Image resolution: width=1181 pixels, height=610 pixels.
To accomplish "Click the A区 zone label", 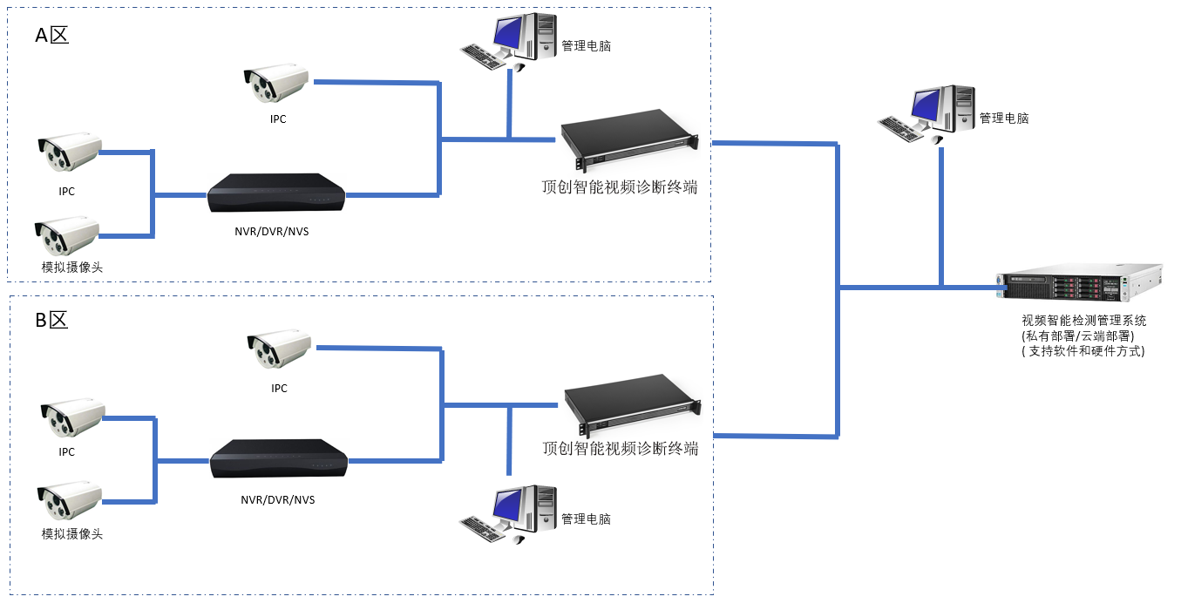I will click(51, 36).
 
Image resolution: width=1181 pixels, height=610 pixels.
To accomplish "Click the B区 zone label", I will click(51, 320).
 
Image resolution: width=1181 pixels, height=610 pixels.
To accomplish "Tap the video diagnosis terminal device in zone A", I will click(629, 140).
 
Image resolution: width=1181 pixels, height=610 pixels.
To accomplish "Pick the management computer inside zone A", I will click(509, 42).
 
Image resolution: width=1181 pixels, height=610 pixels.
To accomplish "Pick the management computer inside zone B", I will click(509, 514).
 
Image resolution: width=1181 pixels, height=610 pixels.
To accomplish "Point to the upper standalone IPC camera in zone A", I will click(275, 84).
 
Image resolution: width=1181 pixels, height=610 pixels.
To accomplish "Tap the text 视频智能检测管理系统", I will click(1083, 321).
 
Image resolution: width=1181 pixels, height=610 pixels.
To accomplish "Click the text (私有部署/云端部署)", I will click(1076, 336).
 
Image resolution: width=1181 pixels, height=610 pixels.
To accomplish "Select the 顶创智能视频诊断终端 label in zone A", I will click(619, 187).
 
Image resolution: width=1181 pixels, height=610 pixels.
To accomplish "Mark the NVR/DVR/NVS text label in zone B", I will click(278, 500).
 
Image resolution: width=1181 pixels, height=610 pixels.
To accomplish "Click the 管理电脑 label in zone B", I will click(586, 519).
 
